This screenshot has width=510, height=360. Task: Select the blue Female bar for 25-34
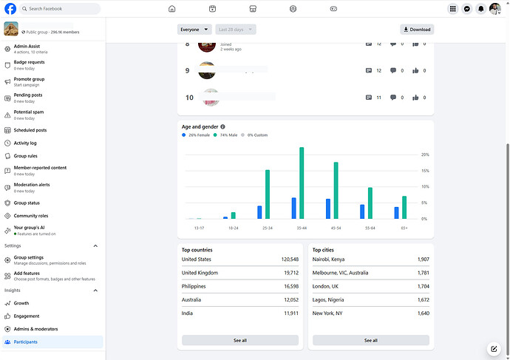259,212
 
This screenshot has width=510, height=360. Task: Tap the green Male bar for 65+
404,208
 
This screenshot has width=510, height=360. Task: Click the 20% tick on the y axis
425,155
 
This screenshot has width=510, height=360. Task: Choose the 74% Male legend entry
227,135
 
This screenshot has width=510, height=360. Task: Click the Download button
417,30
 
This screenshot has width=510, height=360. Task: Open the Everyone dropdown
190,30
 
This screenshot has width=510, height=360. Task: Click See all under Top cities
370,340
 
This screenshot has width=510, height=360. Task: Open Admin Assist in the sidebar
27,47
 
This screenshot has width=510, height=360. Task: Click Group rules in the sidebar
26,156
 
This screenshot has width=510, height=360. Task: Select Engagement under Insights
26,316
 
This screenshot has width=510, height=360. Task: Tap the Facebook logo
11,9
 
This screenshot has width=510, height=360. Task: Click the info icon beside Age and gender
222,126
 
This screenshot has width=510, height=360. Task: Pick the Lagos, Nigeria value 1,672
423,299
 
